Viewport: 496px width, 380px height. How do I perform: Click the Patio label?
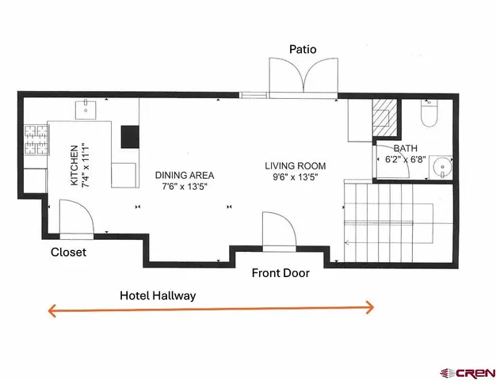tap(303, 49)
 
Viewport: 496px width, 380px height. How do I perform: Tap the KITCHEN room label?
tap(74, 165)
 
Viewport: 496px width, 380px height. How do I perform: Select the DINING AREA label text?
tap(185, 175)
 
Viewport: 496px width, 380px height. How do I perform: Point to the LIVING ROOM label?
tap(295, 166)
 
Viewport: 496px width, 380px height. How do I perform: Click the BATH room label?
tap(405, 148)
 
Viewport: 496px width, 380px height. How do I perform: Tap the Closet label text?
tap(68, 252)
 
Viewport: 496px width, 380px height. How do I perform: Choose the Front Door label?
tap(280, 273)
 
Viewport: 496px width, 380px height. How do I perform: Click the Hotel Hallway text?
tap(158, 295)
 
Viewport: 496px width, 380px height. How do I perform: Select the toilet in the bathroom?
tap(429, 113)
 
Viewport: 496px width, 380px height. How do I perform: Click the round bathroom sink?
tap(442, 167)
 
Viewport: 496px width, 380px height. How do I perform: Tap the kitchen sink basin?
tap(86, 110)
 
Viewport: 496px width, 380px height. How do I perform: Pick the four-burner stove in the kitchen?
tap(36, 140)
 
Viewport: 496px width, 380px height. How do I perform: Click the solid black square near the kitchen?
tap(130, 137)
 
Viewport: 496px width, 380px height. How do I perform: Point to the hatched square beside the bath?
tap(384, 118)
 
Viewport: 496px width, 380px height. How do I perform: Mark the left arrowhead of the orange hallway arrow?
tap(52, 311)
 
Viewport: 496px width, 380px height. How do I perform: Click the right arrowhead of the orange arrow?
tap(370, 307)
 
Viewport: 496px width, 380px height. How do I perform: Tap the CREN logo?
tap(467, 373)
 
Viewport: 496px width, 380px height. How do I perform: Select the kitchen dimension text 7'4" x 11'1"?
tap(86, 165)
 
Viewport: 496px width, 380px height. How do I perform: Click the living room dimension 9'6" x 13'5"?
tap(295, 177)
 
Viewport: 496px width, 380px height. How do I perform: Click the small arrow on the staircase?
tap(348, 243)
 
